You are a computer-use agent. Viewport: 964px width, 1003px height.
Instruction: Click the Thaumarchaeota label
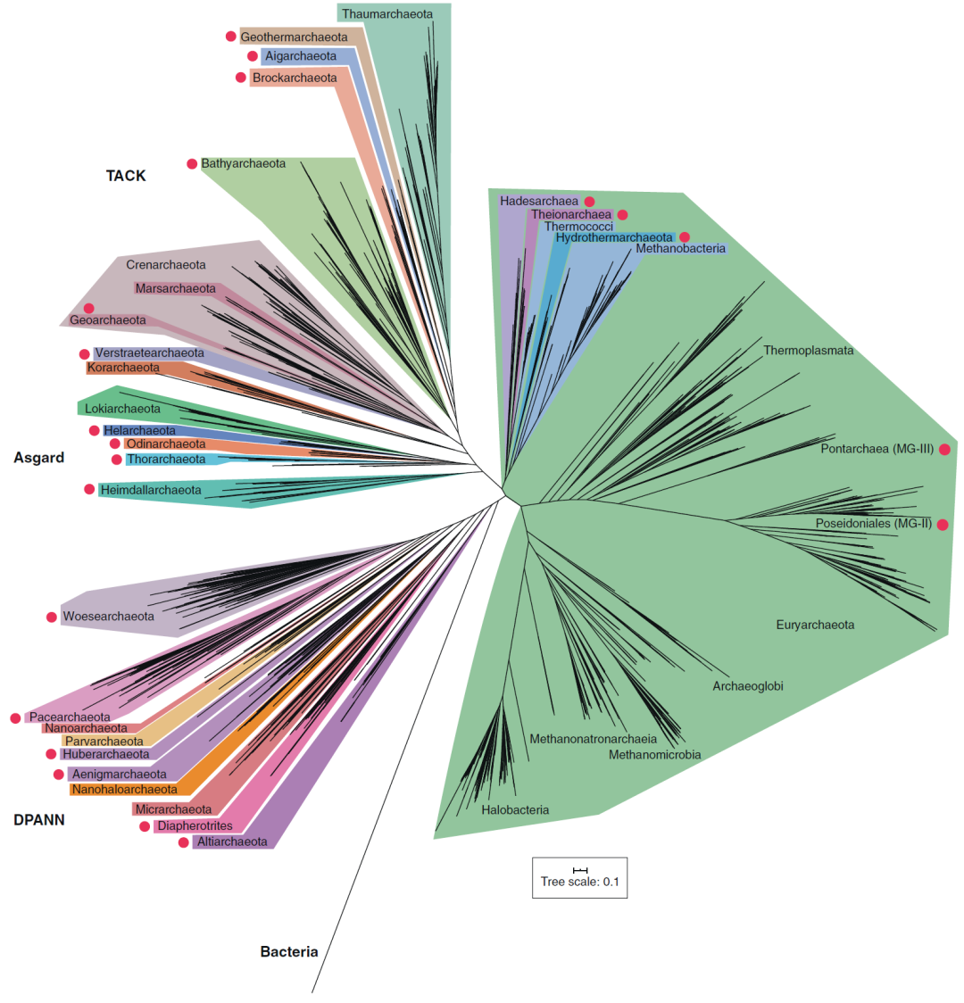(x=386, y=14)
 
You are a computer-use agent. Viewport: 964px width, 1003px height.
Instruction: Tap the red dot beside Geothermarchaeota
(x=230, y=37)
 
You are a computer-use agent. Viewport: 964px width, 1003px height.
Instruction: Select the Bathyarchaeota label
(x=243, y=164)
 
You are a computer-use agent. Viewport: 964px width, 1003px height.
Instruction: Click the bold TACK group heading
(x=126, y=176)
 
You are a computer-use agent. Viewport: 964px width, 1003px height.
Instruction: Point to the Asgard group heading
(x=39, y=458)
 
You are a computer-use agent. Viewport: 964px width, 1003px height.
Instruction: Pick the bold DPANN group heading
(x=39, y=820)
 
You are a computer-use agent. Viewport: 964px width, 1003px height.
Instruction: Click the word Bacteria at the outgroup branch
(x=289, y=952)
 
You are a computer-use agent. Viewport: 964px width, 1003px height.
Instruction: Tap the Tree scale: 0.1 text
(x=579, y=883)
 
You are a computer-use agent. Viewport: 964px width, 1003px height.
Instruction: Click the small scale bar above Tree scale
(x=580, y=870)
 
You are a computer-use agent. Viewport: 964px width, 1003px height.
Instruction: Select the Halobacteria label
(x=515, y=810)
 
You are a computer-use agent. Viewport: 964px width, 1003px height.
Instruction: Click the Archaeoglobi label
(x=748, y=686)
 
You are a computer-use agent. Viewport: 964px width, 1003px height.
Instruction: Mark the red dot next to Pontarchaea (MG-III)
(x=944, y=450)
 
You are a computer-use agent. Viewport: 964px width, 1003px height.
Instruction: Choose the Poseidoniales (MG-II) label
(x=873, y=524)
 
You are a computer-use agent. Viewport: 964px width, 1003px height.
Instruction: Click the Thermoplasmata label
(x=808, y=351)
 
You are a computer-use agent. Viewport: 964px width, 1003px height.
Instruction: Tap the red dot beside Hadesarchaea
(x=589, y=202)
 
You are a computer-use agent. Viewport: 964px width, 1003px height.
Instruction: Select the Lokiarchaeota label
(x=122, y=409)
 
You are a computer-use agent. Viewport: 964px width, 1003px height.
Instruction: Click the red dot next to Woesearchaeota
(x=52, y=617)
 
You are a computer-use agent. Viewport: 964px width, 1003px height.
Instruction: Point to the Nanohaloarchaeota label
(x=124, y=790)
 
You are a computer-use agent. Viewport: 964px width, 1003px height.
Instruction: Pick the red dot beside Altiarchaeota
(x=184, y=842)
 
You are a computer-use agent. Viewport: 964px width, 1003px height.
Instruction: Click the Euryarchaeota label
(x=815, y=625)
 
